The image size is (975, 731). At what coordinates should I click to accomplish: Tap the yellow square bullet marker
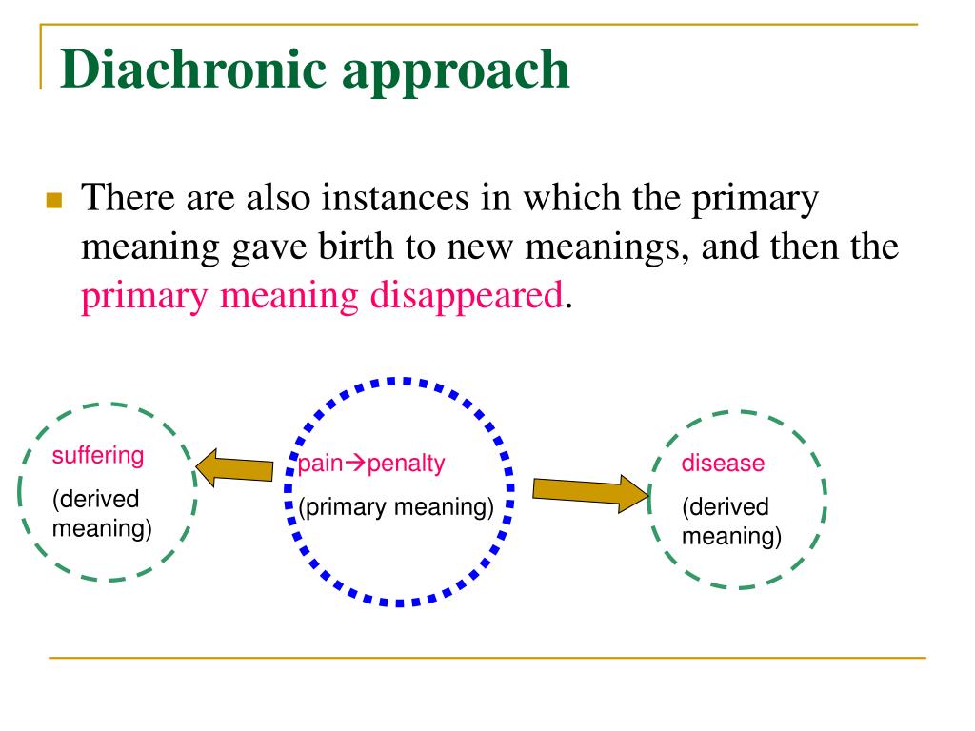point(53,201)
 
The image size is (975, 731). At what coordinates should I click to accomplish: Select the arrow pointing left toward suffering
point(234,469)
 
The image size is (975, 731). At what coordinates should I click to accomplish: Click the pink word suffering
point(98,456)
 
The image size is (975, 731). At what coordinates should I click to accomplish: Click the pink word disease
point(723,464)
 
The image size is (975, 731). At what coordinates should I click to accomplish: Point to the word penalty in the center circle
point(407,464)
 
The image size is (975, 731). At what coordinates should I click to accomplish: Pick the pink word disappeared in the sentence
point(467,296)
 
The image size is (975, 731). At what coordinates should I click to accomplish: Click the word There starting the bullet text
point(124,200)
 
